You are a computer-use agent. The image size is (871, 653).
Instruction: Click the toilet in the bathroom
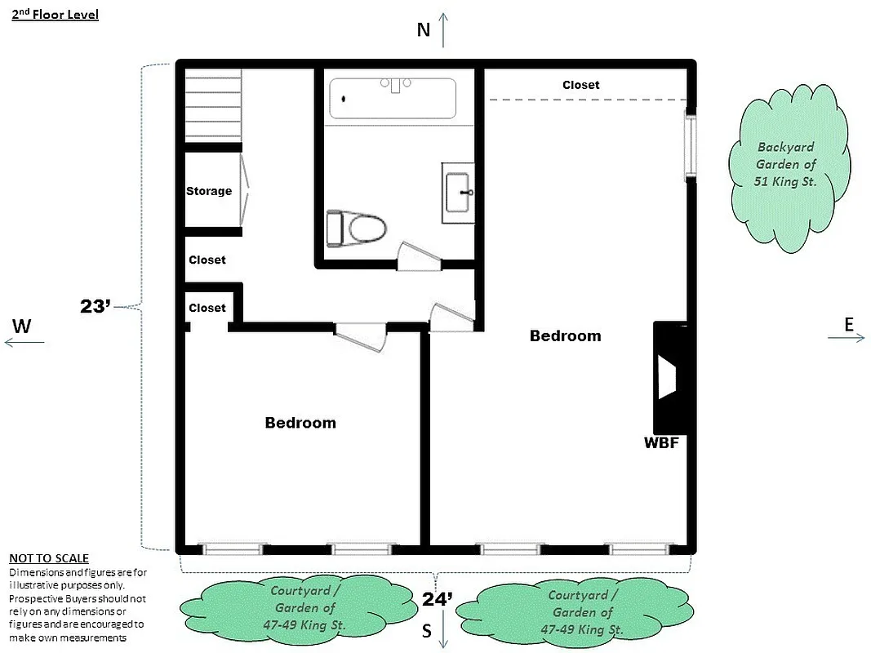click(357, 229)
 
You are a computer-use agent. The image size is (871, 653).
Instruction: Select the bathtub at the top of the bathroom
click(392, 99)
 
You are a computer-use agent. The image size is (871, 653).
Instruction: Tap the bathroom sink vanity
click(458, 193)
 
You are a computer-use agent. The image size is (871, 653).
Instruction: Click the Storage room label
click(209, 191)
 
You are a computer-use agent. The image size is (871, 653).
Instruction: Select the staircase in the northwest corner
click(213, 106)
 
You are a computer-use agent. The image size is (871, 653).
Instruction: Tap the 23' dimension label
click(96, 307)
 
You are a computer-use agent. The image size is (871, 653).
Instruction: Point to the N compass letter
click(423, 30)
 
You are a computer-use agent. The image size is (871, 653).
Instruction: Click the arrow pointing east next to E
click(846, 338)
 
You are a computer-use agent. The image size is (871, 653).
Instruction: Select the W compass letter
click(22, 326)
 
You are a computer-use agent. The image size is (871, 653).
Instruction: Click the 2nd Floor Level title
click(55, 15)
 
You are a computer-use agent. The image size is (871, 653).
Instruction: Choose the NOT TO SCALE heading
click(48, 558)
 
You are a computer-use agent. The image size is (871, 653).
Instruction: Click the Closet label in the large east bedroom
click(580, 85)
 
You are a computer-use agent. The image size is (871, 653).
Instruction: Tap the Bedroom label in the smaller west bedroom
click(300, 423)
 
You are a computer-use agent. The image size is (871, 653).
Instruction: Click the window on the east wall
click(691, 145)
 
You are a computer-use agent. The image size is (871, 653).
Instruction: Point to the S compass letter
click(425, 631)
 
